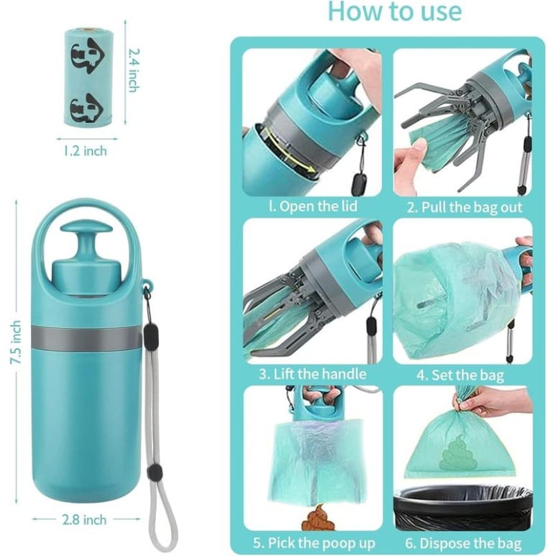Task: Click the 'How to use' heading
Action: (x=395, y=11)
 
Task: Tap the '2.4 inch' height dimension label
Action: (x=134, y=70)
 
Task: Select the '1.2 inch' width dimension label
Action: (x=85, y=151)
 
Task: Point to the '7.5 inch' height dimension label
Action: (x=16, y=342)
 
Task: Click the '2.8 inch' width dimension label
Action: (x=84, y=520)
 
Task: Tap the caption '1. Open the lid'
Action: (x=313, y=206)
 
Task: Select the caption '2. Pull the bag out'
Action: (x=465, y=207)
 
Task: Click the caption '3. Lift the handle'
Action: (x=312, y=374)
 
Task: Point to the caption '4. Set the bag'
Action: (x=460, y=375)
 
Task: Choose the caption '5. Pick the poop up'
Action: (x=314, y=543)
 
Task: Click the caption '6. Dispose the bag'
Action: (x=463, y=543)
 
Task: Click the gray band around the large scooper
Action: (x=86, y=337)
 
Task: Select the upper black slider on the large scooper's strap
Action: (x=150, y=333)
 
